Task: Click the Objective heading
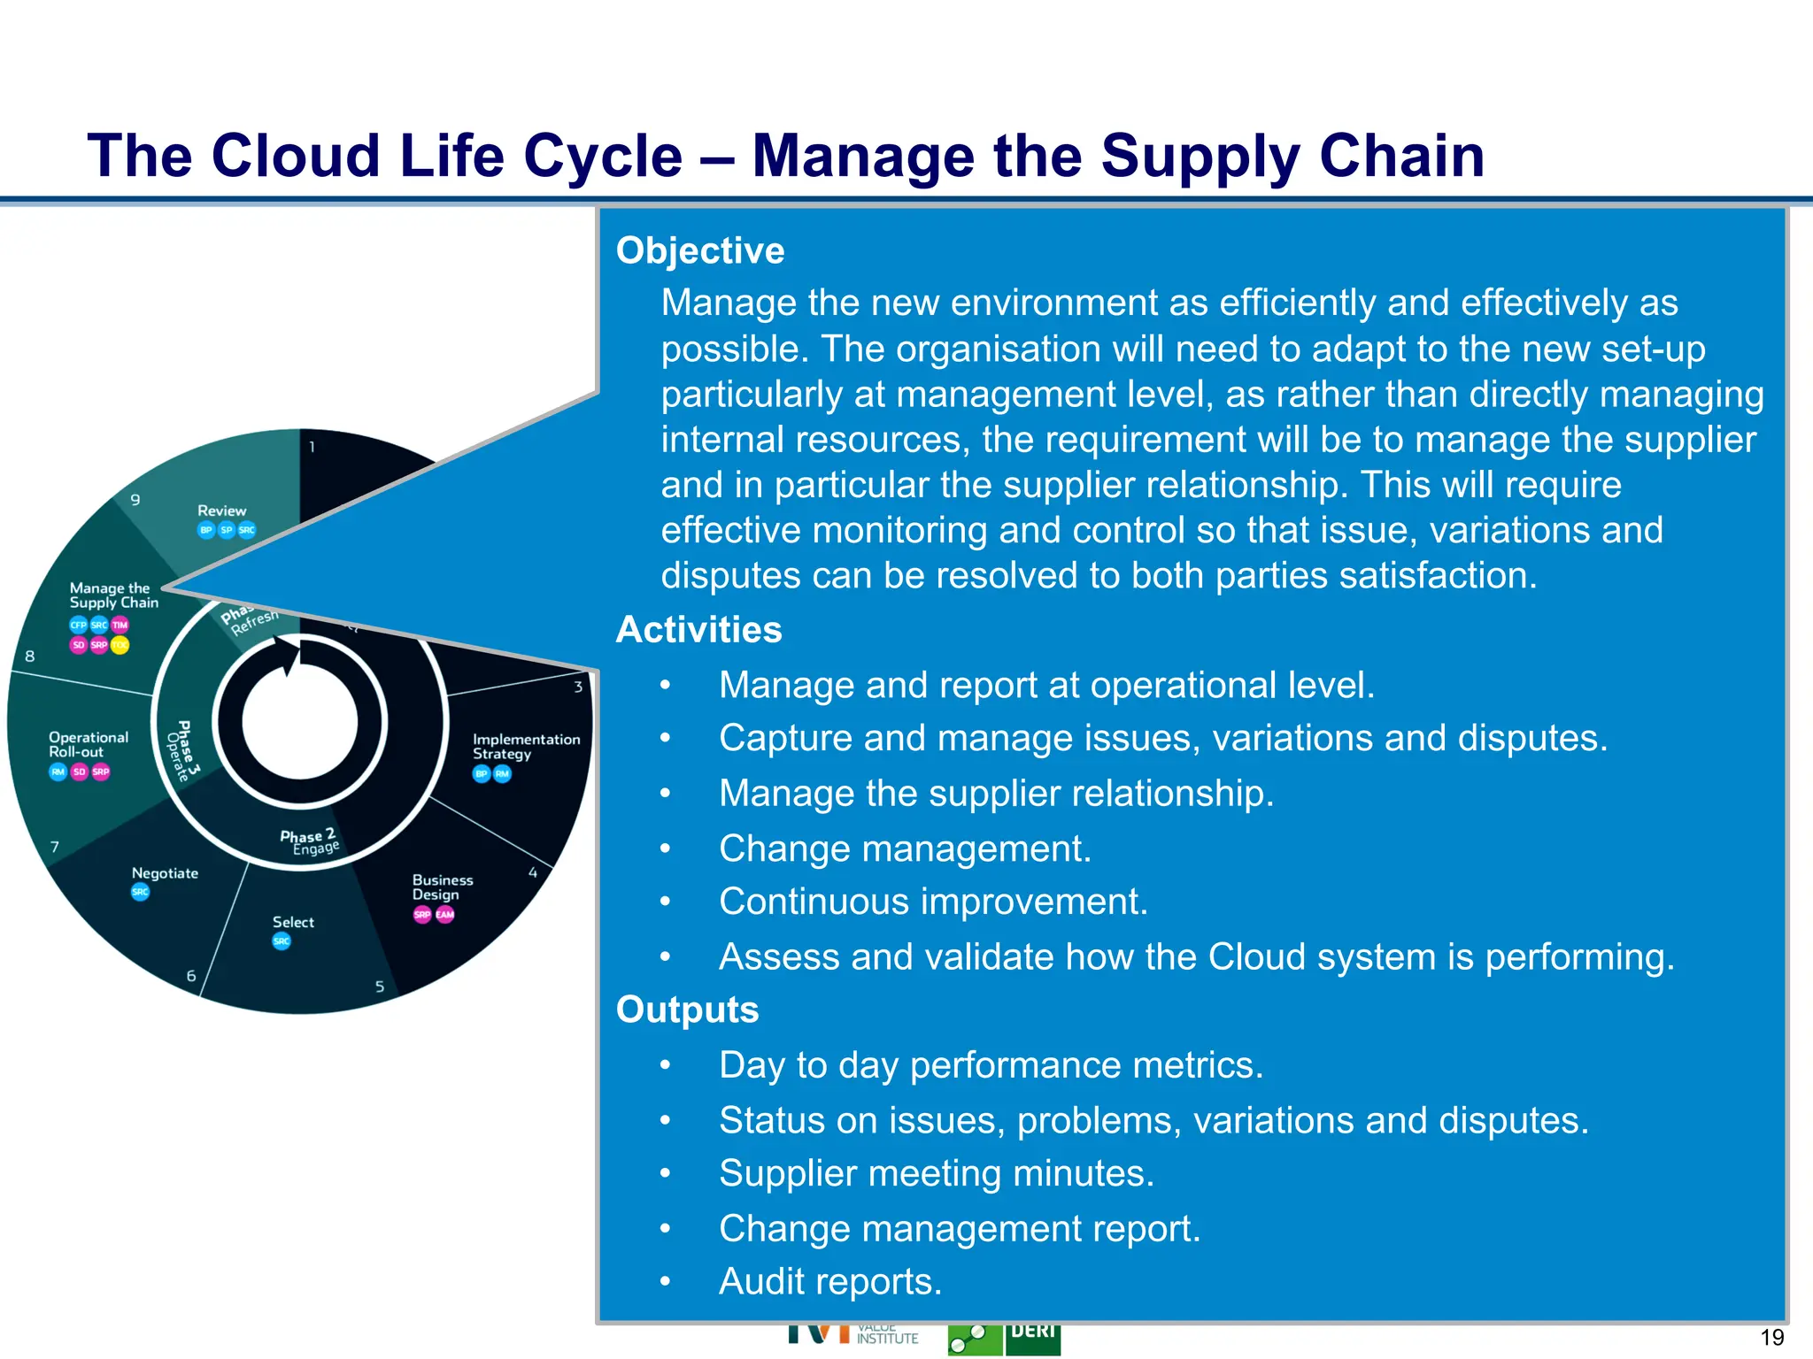(x=699, y=251)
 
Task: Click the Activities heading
(x=698, y=630)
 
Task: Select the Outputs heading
(x=687, y=1010)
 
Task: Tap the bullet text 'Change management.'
(x=905, y=848)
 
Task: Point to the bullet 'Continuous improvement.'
(x=933, y=902)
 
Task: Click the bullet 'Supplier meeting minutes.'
(x=937, y=1174)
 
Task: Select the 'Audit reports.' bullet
(x=830, y=1282)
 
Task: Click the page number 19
(x=1771, y=1337)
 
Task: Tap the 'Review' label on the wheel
(x=221, y=511)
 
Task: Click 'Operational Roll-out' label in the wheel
(x=88, y=744)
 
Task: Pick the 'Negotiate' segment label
(x=165, y=873)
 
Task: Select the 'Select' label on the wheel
(x=293, y=922)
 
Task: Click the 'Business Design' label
(x=442, y=887)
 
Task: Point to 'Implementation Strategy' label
(x=526, y=746)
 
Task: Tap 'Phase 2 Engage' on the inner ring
(x=310, y=841)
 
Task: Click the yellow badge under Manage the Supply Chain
(x=120, y=645)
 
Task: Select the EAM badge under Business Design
(x=444, y=914)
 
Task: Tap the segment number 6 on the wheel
(x=191, y=976)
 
